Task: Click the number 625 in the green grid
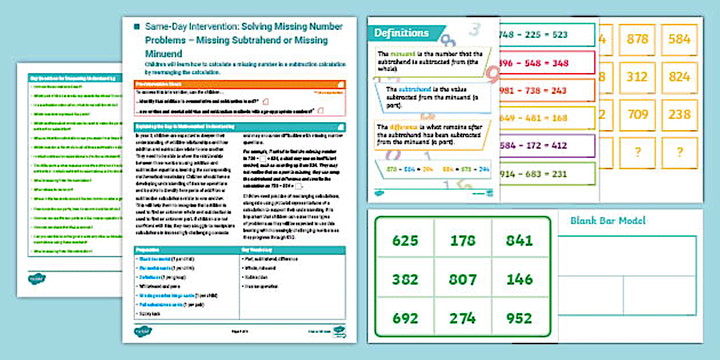(405, 241)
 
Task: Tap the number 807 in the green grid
(462, 279)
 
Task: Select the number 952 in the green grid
(519, 318)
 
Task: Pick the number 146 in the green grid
(519, 279)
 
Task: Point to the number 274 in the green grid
(462, 318)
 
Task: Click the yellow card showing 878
(637, 39)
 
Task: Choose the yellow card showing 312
(637, 77)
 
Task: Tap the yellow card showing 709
(637, 115)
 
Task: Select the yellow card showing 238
(679, 115)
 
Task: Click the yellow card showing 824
(679, 77)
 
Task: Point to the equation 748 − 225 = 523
(533, 35)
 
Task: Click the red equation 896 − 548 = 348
(533, 63)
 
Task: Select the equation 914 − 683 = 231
(533, 174)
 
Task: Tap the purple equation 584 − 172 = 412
(533, 146)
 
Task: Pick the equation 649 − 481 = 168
(533, 118)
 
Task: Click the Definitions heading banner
(401, 33)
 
